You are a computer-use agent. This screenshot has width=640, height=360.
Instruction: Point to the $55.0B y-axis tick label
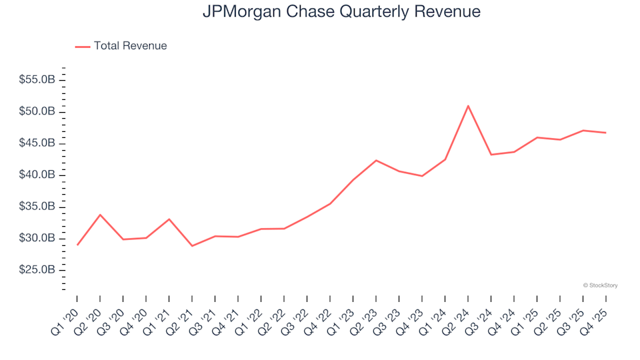tap(37, 80)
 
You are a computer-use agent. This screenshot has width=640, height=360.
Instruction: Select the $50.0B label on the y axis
tap(37, 111)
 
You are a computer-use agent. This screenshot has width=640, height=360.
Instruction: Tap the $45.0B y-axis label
tap(37, 143)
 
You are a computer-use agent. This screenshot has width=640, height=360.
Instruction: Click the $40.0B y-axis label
tap(37, 175)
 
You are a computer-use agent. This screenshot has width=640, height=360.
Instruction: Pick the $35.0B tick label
tap(37, 207)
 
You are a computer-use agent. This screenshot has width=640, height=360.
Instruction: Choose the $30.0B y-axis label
tap(37, 239)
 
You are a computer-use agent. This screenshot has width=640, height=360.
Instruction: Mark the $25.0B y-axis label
tap(37, 271)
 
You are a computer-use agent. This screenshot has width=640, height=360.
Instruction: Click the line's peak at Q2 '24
tap(468, 105)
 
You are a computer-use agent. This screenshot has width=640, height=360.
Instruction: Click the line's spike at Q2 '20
tap(100, 215)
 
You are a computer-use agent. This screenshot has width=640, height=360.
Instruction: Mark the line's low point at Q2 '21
tap(192, 246)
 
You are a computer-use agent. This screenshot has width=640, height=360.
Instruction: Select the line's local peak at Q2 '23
tap(376, 160)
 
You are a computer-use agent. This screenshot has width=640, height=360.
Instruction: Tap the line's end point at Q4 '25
tap(605, 133)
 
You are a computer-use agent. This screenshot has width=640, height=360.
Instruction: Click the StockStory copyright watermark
tap(600, 285)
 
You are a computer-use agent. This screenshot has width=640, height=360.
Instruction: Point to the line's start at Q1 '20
tap(77, 245)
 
